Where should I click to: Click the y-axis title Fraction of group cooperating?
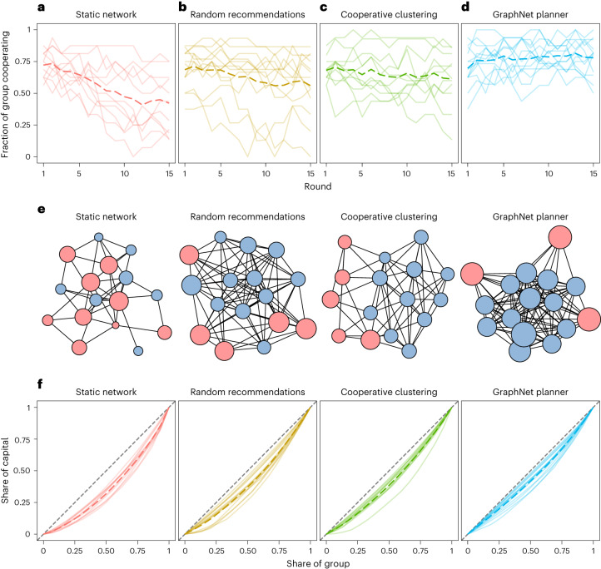click(x=7, y=92)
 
